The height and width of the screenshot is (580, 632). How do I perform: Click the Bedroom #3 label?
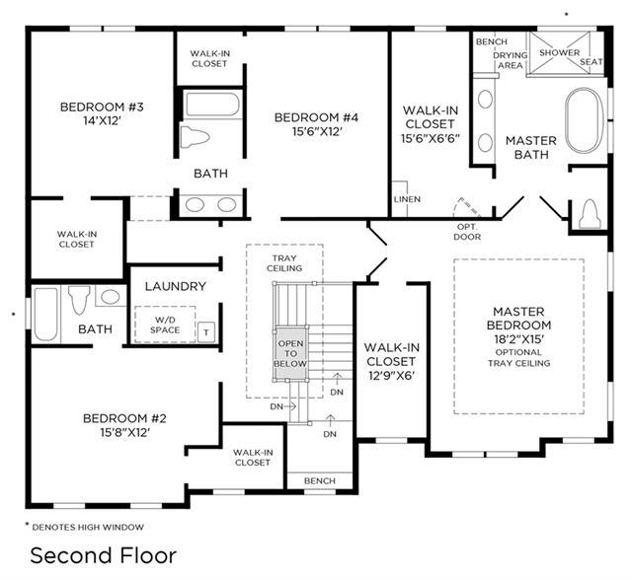[102, 108]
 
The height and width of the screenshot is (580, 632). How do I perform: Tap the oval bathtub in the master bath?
[585, 120]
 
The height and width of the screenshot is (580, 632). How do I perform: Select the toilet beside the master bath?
[590, 214]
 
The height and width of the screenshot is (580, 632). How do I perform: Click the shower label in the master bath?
[560, 52]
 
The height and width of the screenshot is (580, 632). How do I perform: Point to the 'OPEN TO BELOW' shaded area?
[290, 353]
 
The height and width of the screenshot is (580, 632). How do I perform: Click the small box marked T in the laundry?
[206, 332]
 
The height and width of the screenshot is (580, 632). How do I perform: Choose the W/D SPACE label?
[165, 325]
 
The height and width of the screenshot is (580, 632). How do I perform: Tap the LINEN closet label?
[407, 199]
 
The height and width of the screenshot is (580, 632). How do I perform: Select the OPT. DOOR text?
[467, 232]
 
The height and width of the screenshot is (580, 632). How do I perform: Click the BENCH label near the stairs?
[320, 480]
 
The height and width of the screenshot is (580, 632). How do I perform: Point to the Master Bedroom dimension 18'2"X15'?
[519, 339]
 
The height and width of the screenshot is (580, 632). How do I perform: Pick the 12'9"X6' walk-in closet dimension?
[391, 376]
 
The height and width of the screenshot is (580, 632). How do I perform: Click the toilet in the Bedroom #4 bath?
[195, 137]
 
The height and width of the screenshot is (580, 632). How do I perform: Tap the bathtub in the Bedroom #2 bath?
[46, 314]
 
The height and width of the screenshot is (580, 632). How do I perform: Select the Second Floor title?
[104, 555]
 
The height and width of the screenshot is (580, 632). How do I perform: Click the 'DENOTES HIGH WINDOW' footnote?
[88, 527]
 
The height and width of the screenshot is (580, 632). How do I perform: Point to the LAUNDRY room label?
[176, 287]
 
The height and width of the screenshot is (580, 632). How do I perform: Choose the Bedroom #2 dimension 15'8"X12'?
[125, 432]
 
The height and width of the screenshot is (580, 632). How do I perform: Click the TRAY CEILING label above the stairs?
[284, 263]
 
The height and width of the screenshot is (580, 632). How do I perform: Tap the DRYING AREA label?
[511, 60]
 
